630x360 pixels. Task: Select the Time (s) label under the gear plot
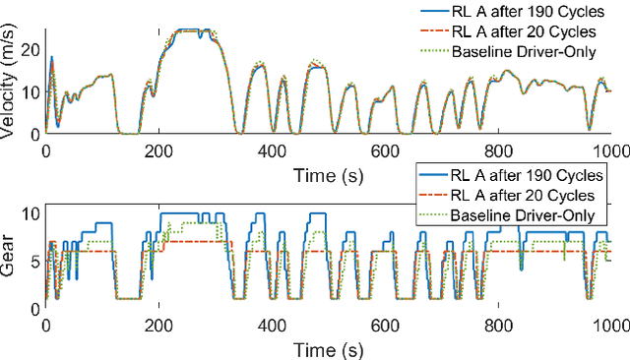(328, 348)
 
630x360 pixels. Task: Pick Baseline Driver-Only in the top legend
(525, 50)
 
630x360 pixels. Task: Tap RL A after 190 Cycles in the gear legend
(526, 177)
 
